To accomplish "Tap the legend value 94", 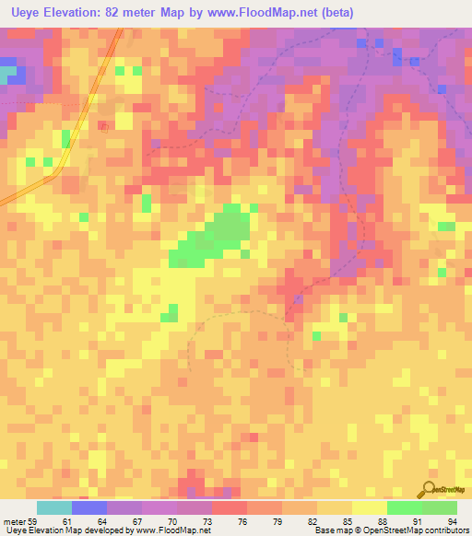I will click(453, 522).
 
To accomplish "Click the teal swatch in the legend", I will click(54, 507).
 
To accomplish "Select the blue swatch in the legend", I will click(89, 507).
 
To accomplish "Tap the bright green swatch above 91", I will click(404, 507).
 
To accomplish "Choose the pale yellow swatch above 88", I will click(369, 507).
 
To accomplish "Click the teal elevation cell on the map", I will click(8, 71).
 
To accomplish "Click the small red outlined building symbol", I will click(104, 127).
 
